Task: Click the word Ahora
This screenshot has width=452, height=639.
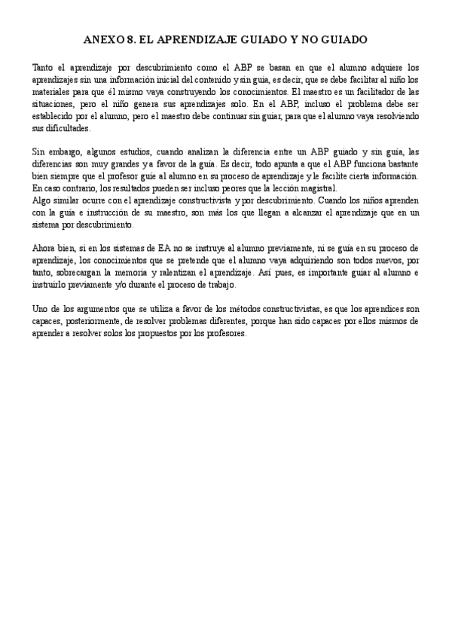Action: click(x=46, y=247)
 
